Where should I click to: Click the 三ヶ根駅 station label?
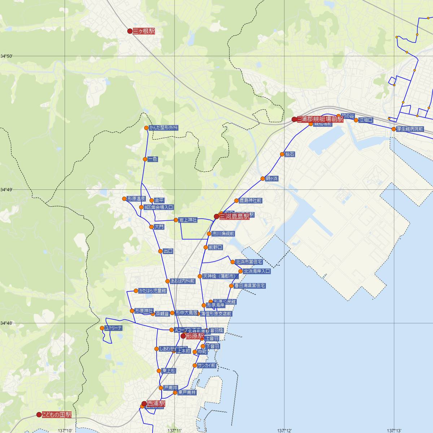coord(144,31)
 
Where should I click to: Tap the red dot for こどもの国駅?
coord(39,415)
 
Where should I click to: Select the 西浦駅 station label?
coord(156,404)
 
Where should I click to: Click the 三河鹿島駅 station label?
coord(234,216)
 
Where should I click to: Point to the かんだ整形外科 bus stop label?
coord(163,128)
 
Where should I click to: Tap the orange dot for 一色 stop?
coord(145,159)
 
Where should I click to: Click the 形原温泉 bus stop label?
coord(136,199)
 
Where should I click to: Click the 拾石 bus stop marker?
coord(282,154)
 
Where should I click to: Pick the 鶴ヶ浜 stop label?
coord(272,179)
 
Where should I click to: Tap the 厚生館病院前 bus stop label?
coord(410,129)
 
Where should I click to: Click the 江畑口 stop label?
coord(366,120)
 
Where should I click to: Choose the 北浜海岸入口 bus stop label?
coord(257,271)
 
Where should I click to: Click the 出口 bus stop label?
coord(168,251)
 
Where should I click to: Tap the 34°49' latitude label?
coord(6,190)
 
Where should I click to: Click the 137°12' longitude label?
coord(284,430)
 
